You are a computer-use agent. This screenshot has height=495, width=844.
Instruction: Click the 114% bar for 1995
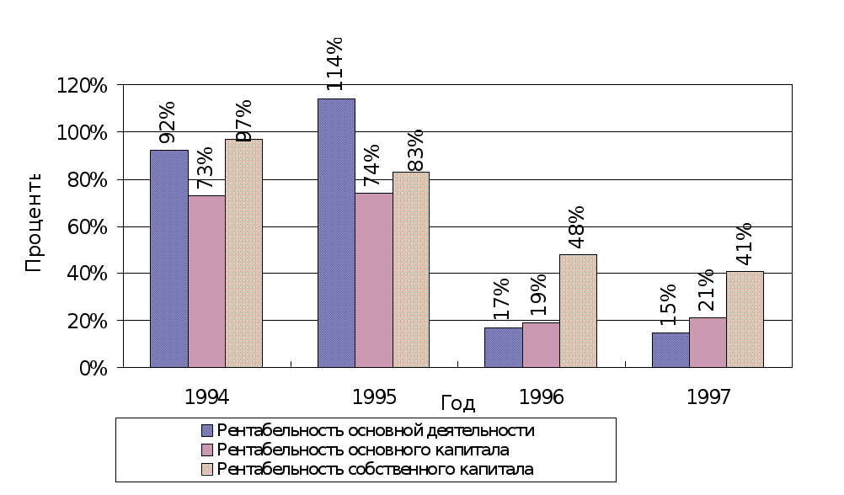click(336, 233)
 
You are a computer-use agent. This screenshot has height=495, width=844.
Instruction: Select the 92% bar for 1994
click(168, 258)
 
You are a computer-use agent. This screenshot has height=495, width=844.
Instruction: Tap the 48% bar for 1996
click(578, 311)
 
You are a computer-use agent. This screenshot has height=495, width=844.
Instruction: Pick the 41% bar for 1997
click(745, 319)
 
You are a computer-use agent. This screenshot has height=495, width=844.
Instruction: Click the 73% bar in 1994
click(206, 281)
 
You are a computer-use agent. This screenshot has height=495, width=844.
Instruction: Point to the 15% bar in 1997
click(670, 350)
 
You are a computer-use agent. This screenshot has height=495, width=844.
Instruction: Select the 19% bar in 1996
click(541, 345)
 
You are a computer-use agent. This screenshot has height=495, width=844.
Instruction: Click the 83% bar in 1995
click(411, 269)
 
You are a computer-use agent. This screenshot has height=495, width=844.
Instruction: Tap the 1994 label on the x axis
click(206, 396)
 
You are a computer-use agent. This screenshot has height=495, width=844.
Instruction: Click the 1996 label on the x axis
click(542, 396)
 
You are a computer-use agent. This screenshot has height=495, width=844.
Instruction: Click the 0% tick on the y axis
click(93, 368)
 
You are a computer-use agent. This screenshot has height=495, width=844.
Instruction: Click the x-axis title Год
click(458, 404)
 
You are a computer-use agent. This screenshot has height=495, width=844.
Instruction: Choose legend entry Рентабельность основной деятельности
click(376, 430)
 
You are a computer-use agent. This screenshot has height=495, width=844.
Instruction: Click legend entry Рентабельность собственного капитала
click(376, 468)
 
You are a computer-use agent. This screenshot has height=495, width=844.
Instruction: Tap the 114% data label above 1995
click(334, 65)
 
